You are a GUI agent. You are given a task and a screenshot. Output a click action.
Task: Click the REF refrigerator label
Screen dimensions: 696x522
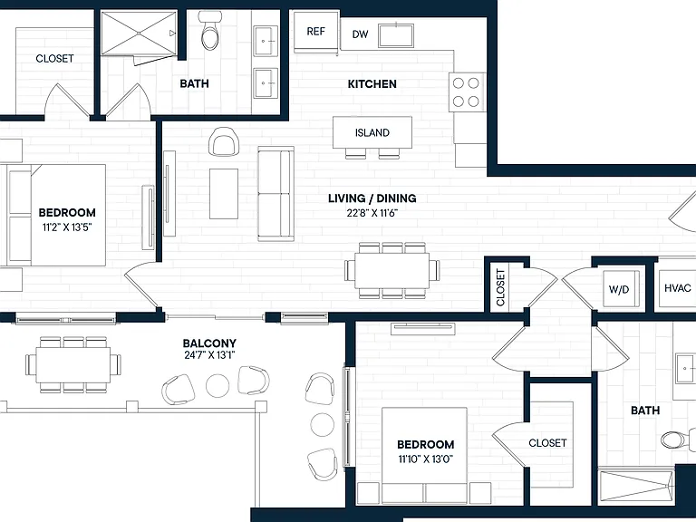(x=315, y=32)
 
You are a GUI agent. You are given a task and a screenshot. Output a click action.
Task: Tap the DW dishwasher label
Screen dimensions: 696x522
(x=360, y=34)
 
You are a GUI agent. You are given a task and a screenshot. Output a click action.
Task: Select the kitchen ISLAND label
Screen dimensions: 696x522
(x=372, y=132)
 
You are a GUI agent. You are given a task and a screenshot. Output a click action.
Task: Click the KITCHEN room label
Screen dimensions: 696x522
(x=372, y=84)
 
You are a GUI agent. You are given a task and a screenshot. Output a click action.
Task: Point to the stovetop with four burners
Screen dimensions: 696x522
(x=467, y=92)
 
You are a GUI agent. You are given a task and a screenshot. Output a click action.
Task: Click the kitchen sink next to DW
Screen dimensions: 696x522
(x=396, y=35)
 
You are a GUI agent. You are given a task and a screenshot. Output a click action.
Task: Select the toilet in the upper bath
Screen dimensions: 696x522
(x=210, y=31)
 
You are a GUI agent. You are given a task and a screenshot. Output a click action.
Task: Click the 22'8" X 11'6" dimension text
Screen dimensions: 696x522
(x=372, y=213)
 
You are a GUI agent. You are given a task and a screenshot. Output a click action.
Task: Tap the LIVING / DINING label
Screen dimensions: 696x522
(x=372, y=198)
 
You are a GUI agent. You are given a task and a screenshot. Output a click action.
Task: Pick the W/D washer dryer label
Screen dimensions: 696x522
(x=619, y=289)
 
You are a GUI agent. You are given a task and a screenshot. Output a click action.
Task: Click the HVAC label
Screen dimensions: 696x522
(x=677, y=288)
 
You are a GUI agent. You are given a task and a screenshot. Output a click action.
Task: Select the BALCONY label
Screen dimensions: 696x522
(x=209, y=343)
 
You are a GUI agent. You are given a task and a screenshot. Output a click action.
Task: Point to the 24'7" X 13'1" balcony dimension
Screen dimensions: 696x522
(x=209, y=355)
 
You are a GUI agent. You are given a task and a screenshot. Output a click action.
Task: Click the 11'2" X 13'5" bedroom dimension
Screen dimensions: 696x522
(x=67, y=227)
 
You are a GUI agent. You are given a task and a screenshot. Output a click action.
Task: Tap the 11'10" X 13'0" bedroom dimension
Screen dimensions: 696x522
(x=426, y=459)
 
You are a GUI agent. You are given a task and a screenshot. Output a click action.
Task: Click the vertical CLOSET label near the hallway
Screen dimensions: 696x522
(x=500, y=287)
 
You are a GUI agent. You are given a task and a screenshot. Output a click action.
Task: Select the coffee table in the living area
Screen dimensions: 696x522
(x=224, y=194)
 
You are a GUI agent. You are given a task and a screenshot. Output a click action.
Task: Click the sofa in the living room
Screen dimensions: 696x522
(x=276, y=194)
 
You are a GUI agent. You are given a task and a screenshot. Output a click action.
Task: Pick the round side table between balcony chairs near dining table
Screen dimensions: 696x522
(x=217, y=385)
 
